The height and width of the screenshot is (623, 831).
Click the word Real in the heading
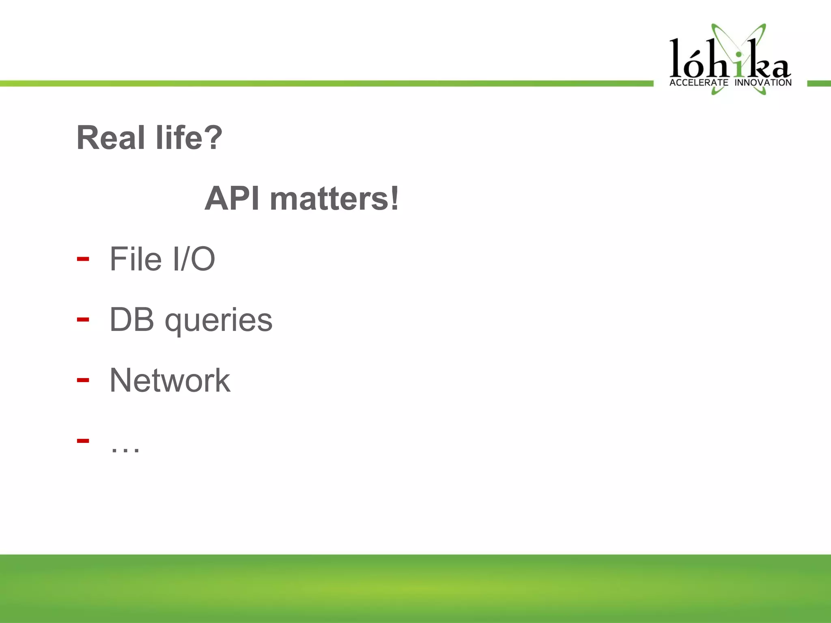coord(110,138)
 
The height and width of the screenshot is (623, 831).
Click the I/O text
coord(194,259)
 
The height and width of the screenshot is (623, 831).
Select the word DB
coord(132,320)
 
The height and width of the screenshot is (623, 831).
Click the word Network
coord(170,380)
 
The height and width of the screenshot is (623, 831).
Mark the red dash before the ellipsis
coord(83,441)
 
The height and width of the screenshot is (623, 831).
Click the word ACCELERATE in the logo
coord(699,83)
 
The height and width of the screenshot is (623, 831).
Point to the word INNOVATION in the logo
coord(763,83)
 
